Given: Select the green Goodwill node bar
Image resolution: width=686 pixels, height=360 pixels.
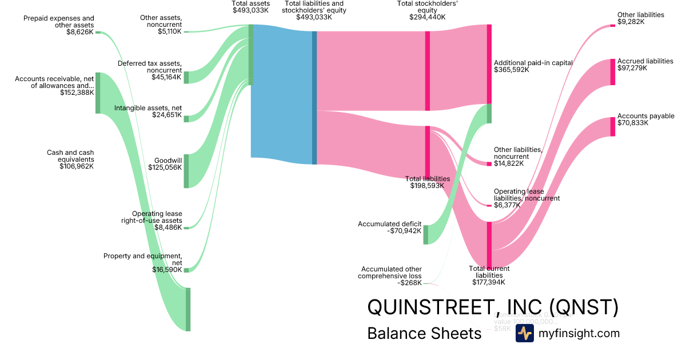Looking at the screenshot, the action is [186, 170].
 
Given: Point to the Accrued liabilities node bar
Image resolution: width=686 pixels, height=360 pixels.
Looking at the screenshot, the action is [613, 71].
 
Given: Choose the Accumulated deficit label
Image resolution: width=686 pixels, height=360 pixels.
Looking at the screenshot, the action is [389, 227].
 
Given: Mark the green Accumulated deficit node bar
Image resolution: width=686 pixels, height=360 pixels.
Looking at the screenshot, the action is [425, 235].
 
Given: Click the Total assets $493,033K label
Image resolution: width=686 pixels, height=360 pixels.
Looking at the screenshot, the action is [250, 7].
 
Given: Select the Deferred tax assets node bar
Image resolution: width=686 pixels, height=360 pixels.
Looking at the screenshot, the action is [186, 78].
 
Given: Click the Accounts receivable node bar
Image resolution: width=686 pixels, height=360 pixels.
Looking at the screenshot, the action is [98, 93].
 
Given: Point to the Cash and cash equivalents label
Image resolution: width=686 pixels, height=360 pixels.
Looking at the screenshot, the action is [70, 159].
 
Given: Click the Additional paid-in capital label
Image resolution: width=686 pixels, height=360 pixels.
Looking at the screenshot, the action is [533, 66].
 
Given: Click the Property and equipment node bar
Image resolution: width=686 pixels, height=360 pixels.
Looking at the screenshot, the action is [186, 270].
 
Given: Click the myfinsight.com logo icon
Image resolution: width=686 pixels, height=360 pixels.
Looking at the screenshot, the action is [524, 334].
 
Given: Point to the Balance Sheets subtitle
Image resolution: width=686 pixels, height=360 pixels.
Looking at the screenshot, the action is [424, 333].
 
